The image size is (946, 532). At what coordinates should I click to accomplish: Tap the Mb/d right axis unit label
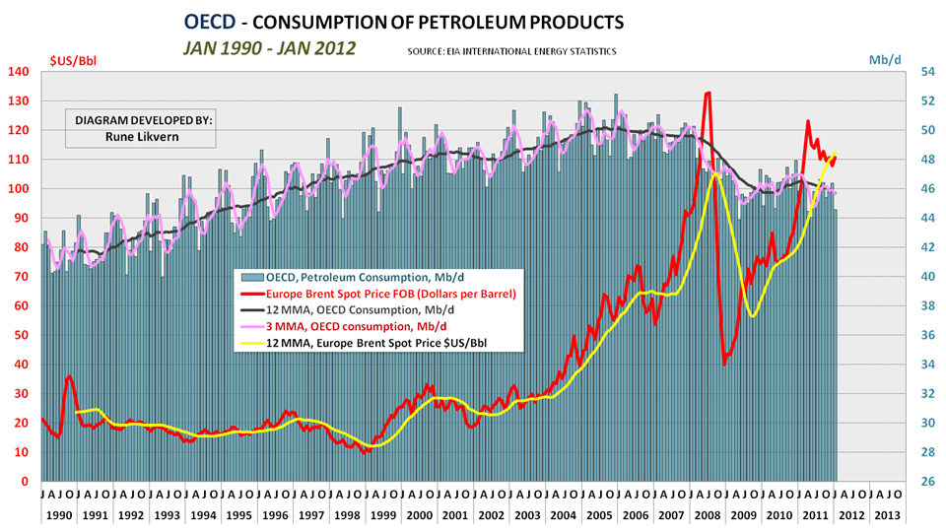pyautogui.click(x=884, y=60)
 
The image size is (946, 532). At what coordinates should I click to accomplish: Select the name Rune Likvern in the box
pyautogui.click(x=144, y=137)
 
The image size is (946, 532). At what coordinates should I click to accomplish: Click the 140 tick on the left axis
pyautogui.click(x=20, y=71)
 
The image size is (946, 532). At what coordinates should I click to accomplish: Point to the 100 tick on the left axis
pyautogui.click(x=20, y=188)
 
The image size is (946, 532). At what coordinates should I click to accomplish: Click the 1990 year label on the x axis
pyautogui.click(x=58, y=514)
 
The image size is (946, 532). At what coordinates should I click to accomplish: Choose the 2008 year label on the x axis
pyautogui.click(x=708, y=514)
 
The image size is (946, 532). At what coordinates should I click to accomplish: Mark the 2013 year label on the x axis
pyautogui.click(x=887, y=514)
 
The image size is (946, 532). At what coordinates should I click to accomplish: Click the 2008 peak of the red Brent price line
pyautogui.click(x=708, y=93)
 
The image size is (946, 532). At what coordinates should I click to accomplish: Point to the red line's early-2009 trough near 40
pyautogui.click(x=724, y=364)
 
